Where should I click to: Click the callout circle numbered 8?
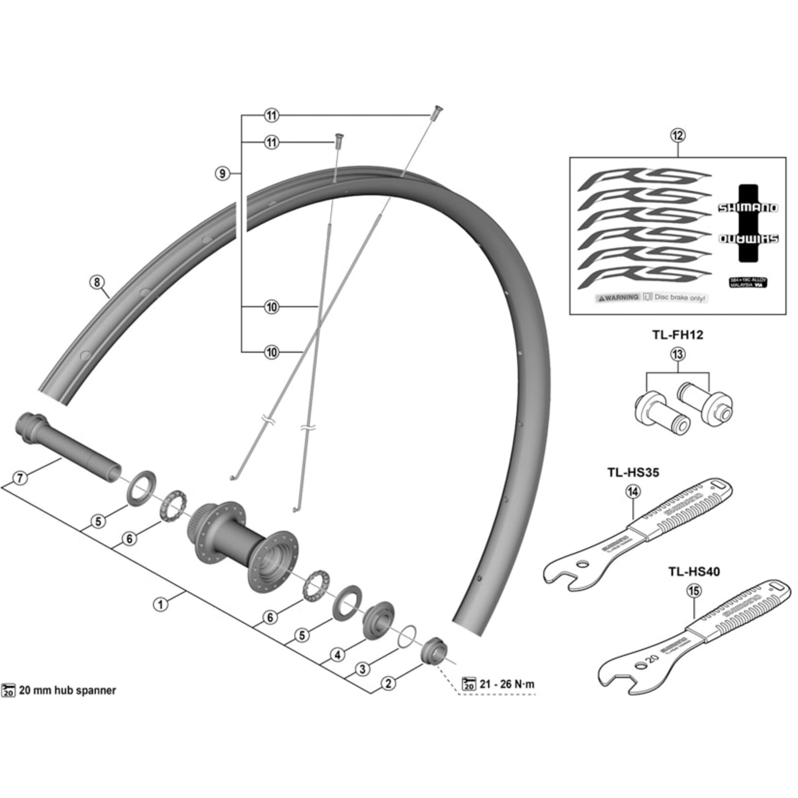point(97,282)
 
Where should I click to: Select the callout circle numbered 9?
point(223,174)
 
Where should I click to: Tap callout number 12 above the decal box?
point(678,136)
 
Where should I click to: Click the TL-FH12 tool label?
point(678,335)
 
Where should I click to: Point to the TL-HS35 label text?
point(633,472)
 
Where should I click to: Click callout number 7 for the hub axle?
point(20,478)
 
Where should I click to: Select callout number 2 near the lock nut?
point(388,683)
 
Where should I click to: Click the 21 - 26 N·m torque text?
point(507,684)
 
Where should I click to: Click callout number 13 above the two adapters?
point(678,354)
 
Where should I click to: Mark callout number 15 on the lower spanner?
point(694,591)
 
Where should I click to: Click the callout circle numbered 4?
point(338,655)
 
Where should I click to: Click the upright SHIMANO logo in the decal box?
point(748,208)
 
